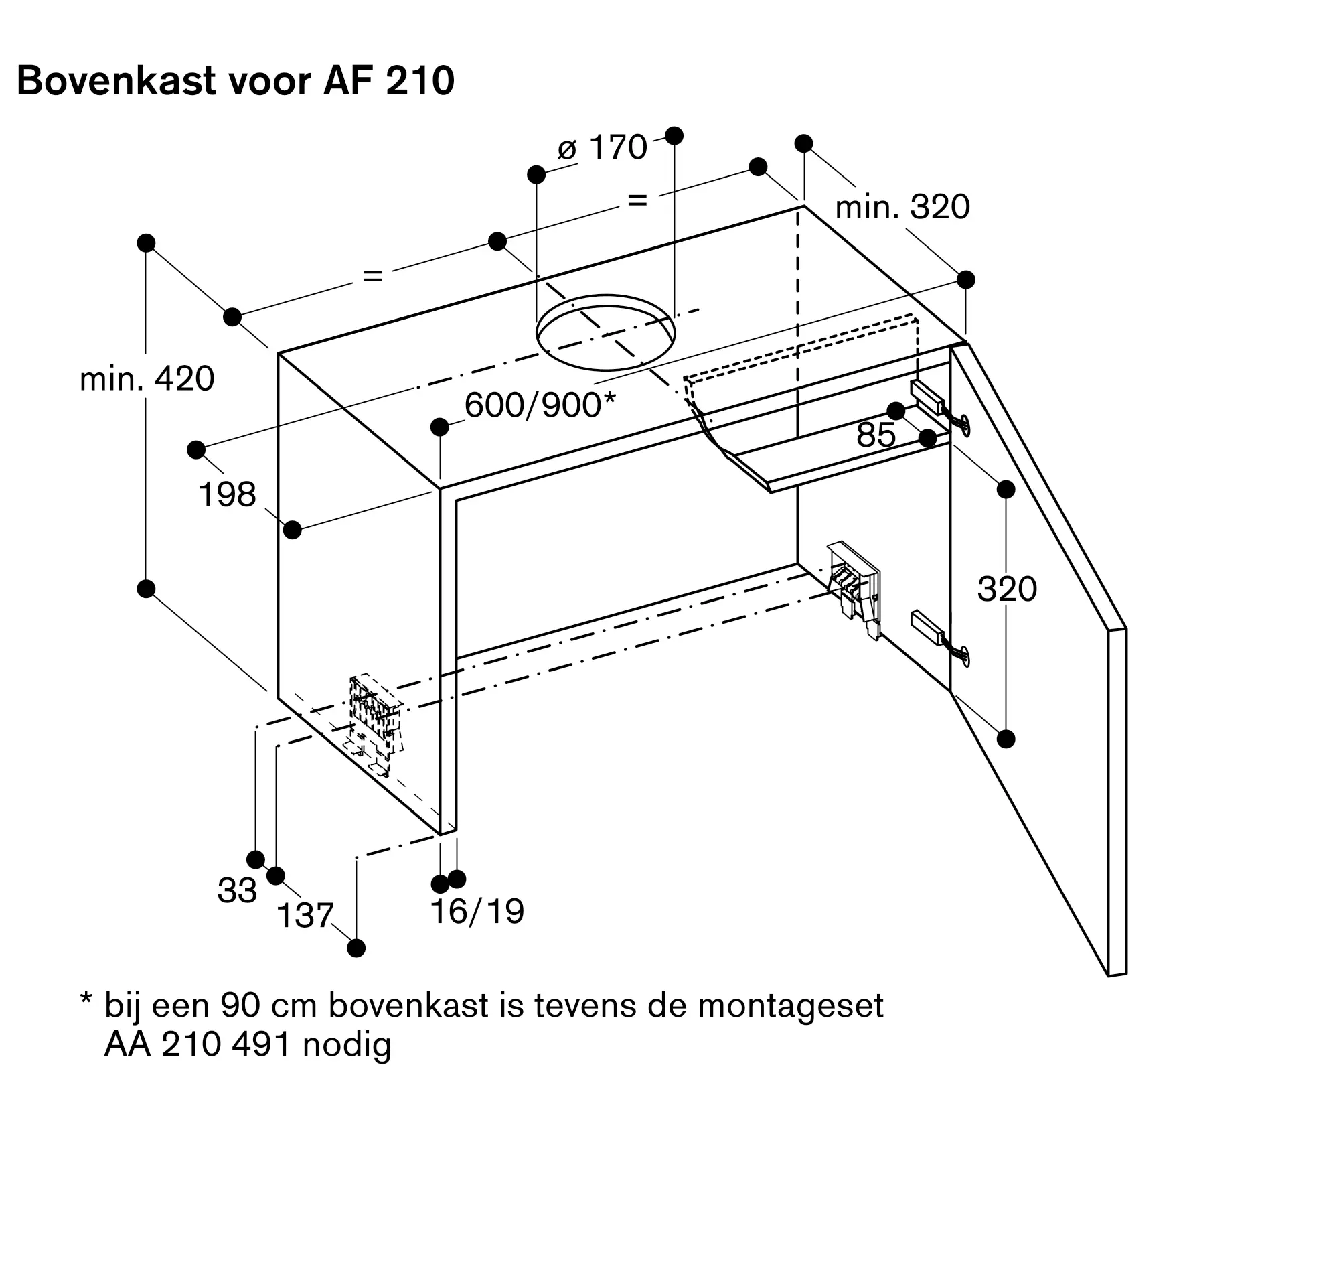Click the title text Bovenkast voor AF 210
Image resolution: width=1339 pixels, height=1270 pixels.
[236, 81]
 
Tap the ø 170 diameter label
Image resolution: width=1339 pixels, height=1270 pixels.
[602, 147]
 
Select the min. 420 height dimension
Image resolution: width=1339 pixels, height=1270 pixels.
[147, 378]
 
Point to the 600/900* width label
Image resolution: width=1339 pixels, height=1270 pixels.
[540, 405]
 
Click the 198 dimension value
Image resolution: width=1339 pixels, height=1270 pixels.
[227, 494]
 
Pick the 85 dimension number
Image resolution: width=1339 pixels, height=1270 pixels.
[876, 435]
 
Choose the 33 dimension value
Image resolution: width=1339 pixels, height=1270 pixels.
[237, 890]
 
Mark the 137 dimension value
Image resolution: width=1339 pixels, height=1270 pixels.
[305, 915]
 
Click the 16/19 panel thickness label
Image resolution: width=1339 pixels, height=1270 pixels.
[477, 911]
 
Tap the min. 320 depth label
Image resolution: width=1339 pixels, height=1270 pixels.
[902, 206]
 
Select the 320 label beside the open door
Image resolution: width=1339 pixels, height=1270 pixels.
[1007, 589]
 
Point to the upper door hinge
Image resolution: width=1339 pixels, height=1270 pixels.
[939, 407]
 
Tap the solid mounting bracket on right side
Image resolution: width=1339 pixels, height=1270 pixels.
[854, 587]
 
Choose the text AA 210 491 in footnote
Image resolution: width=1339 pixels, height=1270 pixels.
[197, 1044]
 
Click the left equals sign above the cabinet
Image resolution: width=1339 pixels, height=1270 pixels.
[373, 275]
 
